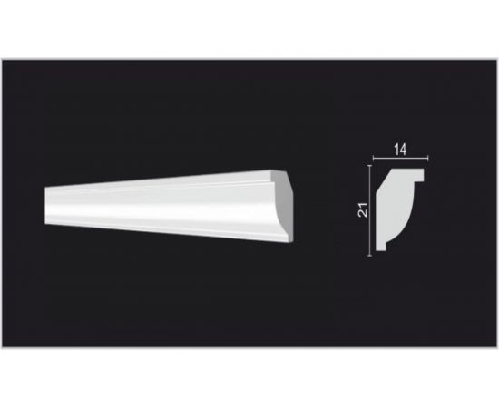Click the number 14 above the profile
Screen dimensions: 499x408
pos(400,150)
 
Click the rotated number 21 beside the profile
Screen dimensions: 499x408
pos(363,209)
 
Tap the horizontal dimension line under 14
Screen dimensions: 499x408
pos(401,158)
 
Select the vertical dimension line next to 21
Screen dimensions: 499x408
pos(370,210)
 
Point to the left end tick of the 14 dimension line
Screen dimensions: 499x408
pos(373,158)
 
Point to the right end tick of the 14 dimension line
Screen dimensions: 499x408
pos(428,158)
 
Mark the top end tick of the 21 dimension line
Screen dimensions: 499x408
pos(370,165)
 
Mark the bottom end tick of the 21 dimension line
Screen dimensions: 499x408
pos(370,256)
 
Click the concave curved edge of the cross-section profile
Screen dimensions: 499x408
pos(407,223)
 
